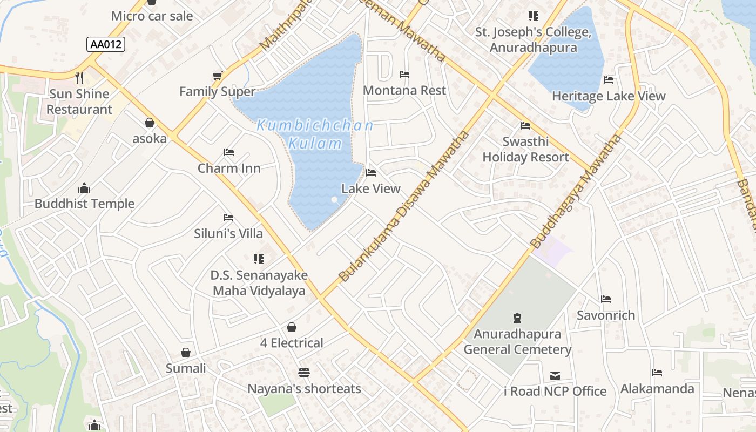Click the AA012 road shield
pyautogui.click(x=106, y=44)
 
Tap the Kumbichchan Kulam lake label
pyautogui.click(x=315, y=134)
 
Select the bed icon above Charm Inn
pyautogui.click(x=229, y=152)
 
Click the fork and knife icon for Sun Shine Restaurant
pyautogui.click(x=80, y=78)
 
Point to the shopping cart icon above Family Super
pyautogui.click(x=218, y=76)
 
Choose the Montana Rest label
pyautogui.click(x=404, y=90)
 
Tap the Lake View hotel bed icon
pyautogui.click(x=371, y=173)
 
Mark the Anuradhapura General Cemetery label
pyautogui.click(x=517, y=342)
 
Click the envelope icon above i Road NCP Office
pyautogui.click(x=555, y=375)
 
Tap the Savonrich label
pyautogui.click(x=606, y=315)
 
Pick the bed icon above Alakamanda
pyautogui.click(x=657, y=373)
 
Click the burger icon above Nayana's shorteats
pyautogui.click(x=304, y=373)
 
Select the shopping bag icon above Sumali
pyautogui.click(x=186, y=353)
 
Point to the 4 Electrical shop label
pyautogui.click(x=292, y=343)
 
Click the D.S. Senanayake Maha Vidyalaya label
pyautogui.click(x=259, y=283)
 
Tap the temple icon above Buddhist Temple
pyautogui.click(x=84, y=188)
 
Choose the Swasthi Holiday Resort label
pyautogui.click(x=525, y=149)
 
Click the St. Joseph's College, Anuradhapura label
pyautogui.click(x=534, y=40)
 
